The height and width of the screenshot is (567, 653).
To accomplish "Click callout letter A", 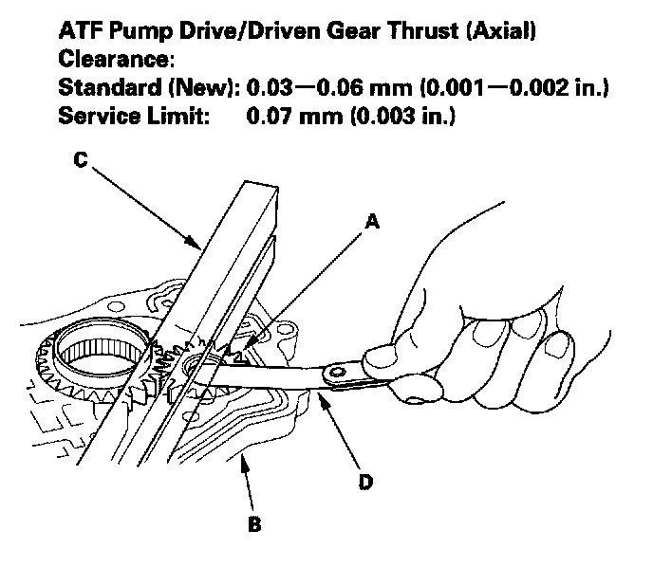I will coord(373,221).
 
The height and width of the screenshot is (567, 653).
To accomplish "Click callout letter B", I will coord(252,522).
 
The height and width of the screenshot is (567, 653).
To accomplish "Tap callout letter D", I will coord(365,483).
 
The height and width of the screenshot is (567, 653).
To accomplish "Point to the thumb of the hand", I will coord(382,358).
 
